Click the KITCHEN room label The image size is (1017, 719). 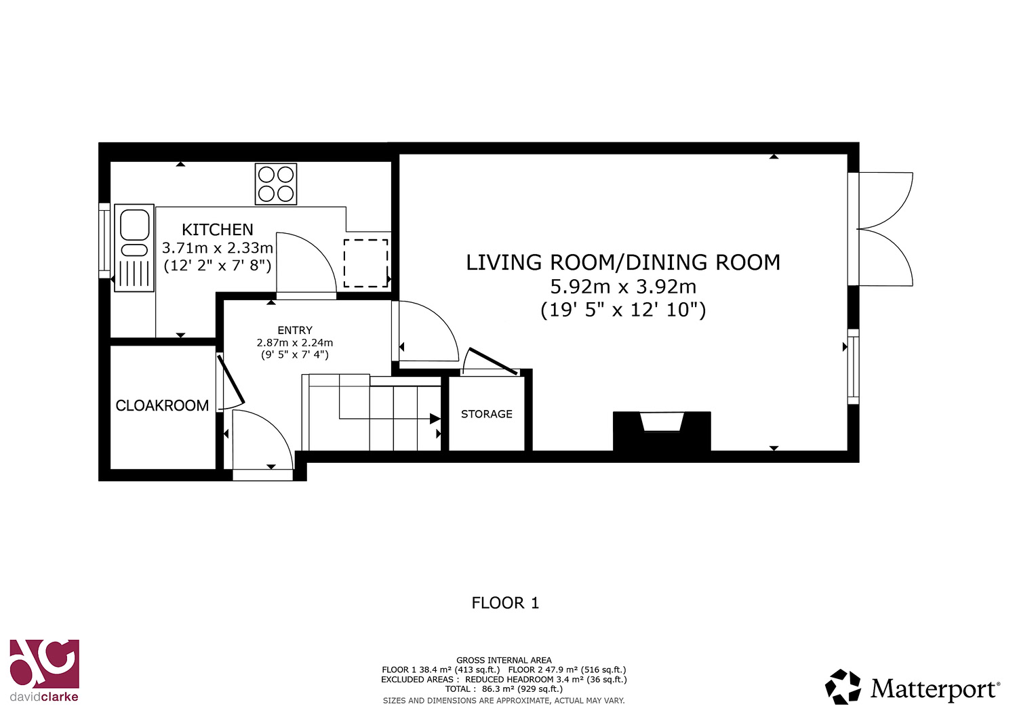coord(218,230)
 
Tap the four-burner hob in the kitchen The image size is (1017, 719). coord(276,184)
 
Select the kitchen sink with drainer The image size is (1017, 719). coord(134,248)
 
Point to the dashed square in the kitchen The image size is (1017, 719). coord(366,263)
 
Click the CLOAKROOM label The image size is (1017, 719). coord(162,405)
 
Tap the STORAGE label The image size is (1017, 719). coord(487,414)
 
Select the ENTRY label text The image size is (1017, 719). coord(295,330)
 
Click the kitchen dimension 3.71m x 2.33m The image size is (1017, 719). coord(218,248)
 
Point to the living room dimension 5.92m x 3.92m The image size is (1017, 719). coord(623,287)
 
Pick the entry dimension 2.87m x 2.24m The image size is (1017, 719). coord(295,343)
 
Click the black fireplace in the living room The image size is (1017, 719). coord(662,431)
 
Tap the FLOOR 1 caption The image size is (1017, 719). coord(505,603)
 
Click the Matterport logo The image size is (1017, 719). coord(913,687)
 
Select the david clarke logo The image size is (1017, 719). coord(45,671)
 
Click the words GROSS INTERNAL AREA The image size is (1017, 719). coord(504,661)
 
